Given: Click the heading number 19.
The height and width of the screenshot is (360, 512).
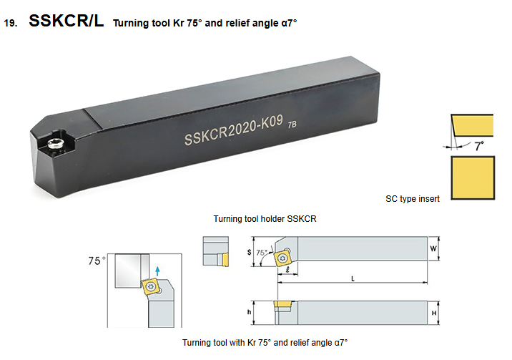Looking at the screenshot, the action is click(x=10, y=24).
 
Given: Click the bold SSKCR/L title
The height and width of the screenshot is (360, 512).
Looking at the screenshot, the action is click(x=67, y=21).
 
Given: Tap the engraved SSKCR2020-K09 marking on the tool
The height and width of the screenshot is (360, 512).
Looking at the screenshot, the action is click(x=233, y=130).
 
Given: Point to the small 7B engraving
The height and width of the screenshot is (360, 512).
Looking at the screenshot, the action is click(x=292, y=125).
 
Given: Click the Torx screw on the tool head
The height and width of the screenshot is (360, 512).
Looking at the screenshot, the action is click(x=56, y=143).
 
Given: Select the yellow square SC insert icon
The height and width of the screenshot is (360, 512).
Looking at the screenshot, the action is click(x=473, y=177).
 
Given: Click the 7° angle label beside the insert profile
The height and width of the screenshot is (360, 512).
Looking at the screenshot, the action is click(x=479, y=146).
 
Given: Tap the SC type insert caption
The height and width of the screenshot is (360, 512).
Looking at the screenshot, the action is click(x=413, y=199).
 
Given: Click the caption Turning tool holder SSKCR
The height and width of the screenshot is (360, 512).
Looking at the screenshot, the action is click(x=265, y=219).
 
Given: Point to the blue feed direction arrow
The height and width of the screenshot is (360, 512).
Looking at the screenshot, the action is click(x=158, y=271).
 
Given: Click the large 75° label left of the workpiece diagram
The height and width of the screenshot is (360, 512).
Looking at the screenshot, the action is click(x=97, y=261).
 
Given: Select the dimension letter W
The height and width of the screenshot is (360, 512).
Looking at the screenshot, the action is click(x=433, y=248).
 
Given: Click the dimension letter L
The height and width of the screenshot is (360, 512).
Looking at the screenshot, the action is click(x=353, y=278).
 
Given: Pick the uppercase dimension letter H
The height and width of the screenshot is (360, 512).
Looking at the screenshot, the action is click(x=434, y=313).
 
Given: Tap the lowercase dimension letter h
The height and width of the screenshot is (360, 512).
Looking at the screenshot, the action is click(x=249, y=312).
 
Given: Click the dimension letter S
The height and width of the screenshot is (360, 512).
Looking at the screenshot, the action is click(x=250, y=252).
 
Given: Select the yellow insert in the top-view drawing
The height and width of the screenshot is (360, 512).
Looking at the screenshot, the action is click(x=282, y=258).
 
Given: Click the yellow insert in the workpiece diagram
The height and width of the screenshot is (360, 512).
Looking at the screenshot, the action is click(x=151, y=287).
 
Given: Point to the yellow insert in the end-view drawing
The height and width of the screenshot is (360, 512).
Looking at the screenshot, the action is click(x=225, y=261).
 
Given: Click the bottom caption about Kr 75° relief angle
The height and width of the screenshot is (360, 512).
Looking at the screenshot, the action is click(x=265, y=343).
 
